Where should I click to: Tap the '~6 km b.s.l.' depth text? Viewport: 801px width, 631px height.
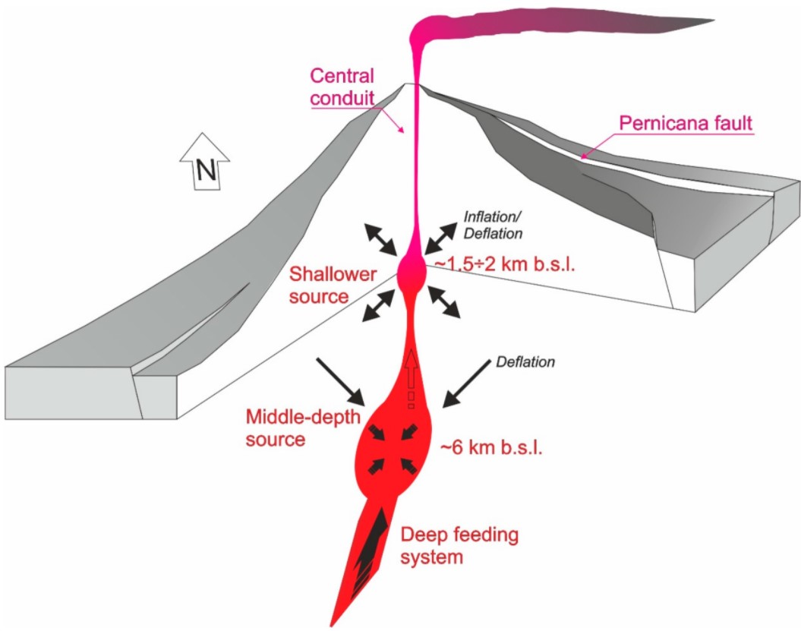click(x=491, y=450)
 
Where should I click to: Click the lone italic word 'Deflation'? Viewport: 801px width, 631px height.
click(x=526, y=362)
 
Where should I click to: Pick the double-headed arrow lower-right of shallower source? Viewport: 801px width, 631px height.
click(x=444, y=303)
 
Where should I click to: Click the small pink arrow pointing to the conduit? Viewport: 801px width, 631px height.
click(x=397, y=123)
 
